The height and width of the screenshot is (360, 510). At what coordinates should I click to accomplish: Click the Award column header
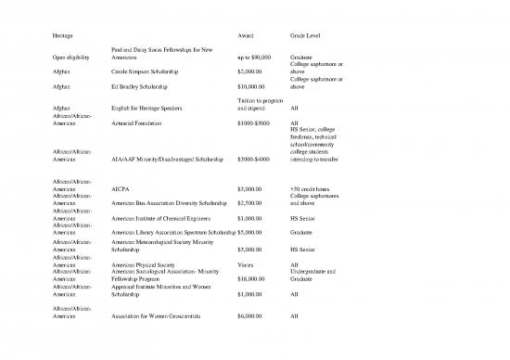(x=246, y=36)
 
